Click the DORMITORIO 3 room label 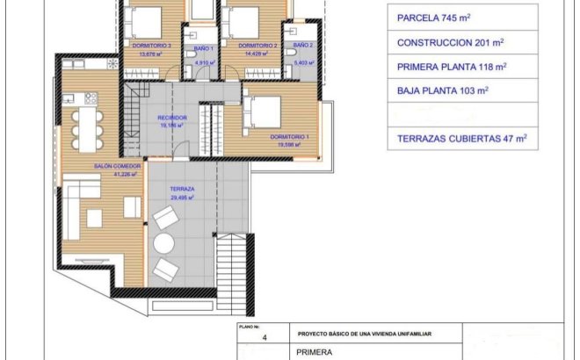tap(150, 45)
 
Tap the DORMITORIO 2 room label tap(257, 45)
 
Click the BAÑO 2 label tap(302, 45)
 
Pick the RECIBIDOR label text tap(171, 118)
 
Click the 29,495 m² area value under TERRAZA tap(182, 198)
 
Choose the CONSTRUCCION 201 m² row tap(450, 41)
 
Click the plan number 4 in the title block tap(263, 335)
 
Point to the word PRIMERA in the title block tap(314, 352)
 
